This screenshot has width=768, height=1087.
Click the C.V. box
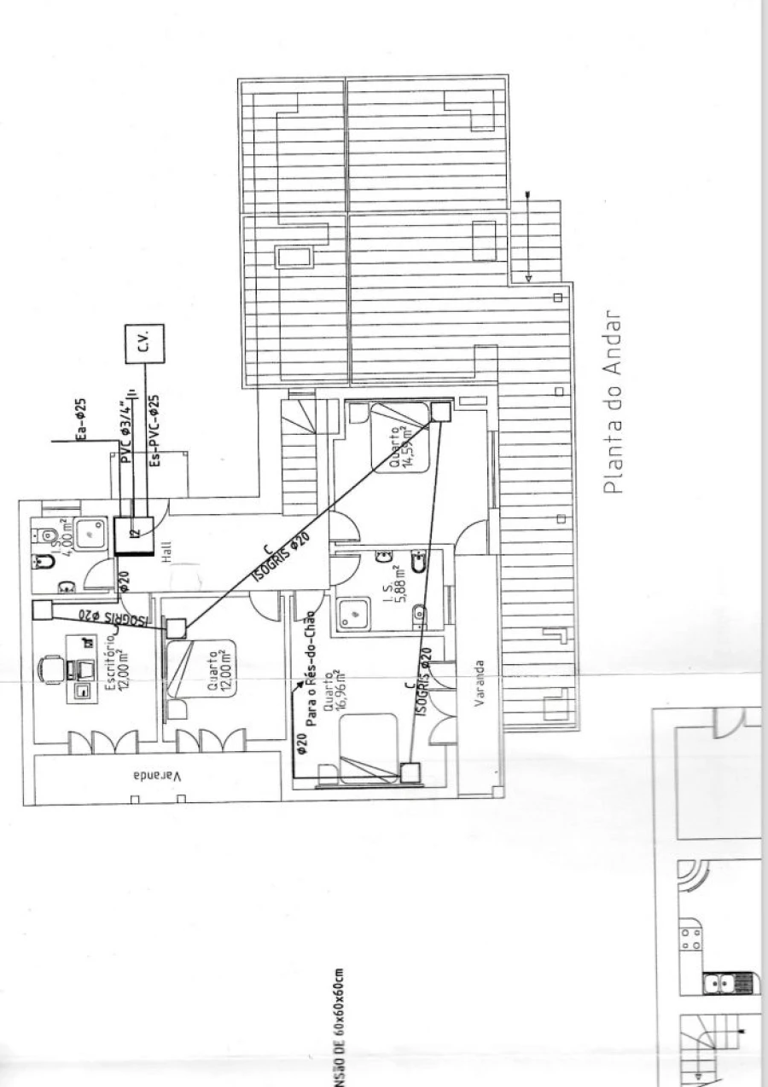143,343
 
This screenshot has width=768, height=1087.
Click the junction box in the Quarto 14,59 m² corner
439,411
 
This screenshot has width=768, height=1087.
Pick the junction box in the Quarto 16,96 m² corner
410,772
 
